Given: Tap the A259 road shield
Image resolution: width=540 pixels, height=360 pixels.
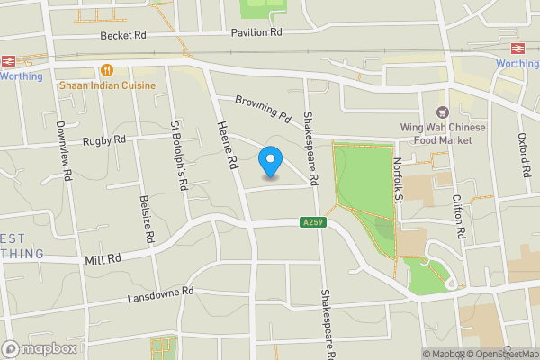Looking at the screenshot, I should coord(310,222).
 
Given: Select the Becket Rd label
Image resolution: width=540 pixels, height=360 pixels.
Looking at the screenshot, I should coord(123,35).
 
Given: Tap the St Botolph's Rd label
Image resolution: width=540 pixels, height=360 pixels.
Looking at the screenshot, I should coord(177,156).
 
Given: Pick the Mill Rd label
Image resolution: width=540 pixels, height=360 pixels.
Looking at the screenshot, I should coord(103,258).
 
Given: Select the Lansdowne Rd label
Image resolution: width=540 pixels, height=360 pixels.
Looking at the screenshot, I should coord(160,293).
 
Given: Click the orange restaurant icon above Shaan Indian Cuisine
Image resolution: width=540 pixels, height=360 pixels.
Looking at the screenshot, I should coord(107,69).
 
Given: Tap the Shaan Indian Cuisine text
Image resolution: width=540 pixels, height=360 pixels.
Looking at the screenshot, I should coord(107,85).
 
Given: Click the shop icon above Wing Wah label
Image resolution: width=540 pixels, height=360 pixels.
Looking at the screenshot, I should coord(442,112).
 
